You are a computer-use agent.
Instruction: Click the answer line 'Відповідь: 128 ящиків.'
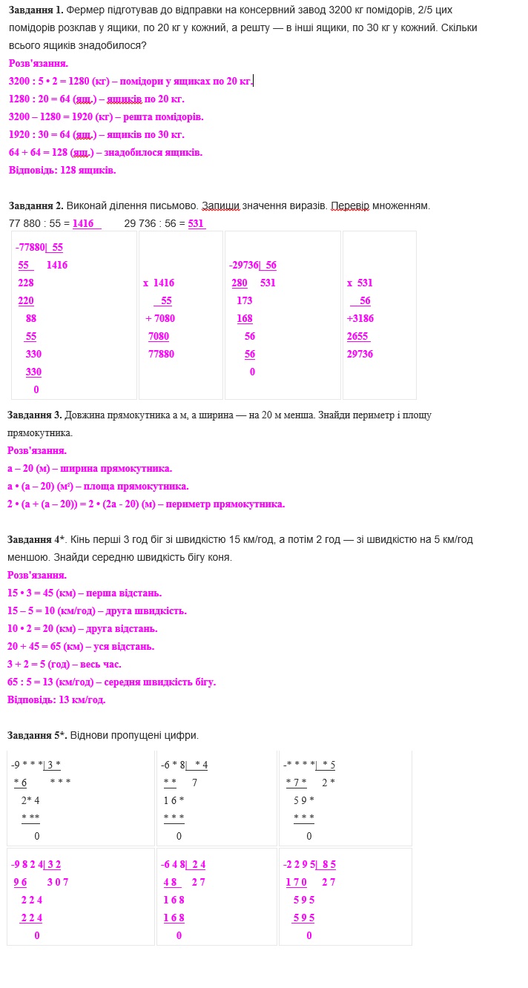pos(62,170)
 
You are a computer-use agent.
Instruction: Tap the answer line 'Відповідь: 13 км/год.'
pos(56,699)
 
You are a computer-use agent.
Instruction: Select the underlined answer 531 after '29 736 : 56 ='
pos(197,223)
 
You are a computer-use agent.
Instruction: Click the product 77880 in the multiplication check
pos(162,354)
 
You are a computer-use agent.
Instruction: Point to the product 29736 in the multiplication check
pos(360,354)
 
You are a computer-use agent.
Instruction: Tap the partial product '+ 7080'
pos(160,318)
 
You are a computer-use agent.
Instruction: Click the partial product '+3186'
pos(360,318)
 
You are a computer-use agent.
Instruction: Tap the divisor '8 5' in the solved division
pos(329,864)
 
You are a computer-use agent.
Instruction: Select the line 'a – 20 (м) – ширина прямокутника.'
pos(90,468)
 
